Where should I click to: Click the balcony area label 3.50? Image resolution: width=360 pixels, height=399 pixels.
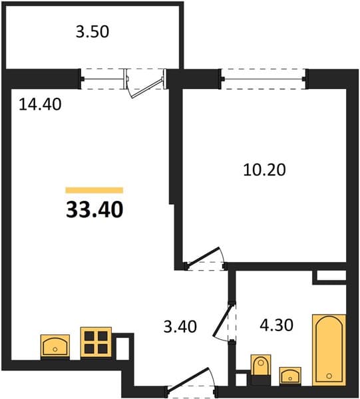pos(92,32)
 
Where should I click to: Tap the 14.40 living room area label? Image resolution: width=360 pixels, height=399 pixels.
pos(40,104)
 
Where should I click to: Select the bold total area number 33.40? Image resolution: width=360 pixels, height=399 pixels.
pos(94,209)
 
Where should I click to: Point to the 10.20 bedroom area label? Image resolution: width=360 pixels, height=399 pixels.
pos(264,170)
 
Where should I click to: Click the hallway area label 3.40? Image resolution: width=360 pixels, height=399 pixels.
pos(180,327)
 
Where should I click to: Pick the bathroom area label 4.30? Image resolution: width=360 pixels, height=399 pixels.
pos(276,325)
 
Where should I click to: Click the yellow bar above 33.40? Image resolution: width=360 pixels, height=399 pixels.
pos(94,190)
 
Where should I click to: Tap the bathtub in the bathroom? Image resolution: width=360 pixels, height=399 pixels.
pos(329,350)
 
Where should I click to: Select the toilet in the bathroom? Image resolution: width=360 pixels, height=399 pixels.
pos(261,365)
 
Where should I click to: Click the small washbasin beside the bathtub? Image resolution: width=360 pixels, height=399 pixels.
pos(290,375)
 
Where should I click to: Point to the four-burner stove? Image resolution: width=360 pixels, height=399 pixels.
pos(96,342)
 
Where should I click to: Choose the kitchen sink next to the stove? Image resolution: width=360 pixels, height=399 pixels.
pos(55,346)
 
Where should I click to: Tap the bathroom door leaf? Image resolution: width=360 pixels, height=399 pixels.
pos(223,320)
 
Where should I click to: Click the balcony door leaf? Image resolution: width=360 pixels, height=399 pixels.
pos(147,88)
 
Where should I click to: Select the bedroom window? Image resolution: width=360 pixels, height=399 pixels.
pos(264,79)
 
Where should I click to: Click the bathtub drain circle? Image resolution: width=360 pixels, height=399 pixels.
pos(329,376)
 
